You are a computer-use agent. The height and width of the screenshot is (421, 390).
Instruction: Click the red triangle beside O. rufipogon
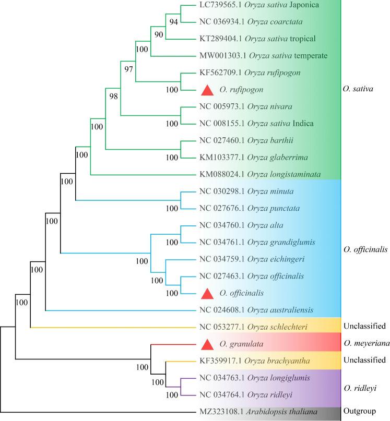207,90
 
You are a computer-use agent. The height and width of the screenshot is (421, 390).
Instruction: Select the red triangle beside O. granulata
207,344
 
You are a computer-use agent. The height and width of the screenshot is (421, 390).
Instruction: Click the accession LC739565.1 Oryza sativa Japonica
252,5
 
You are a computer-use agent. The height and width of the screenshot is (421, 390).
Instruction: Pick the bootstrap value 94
173,21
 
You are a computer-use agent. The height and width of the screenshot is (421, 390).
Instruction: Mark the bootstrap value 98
113,96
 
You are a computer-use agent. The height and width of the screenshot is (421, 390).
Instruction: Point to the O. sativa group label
360,89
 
